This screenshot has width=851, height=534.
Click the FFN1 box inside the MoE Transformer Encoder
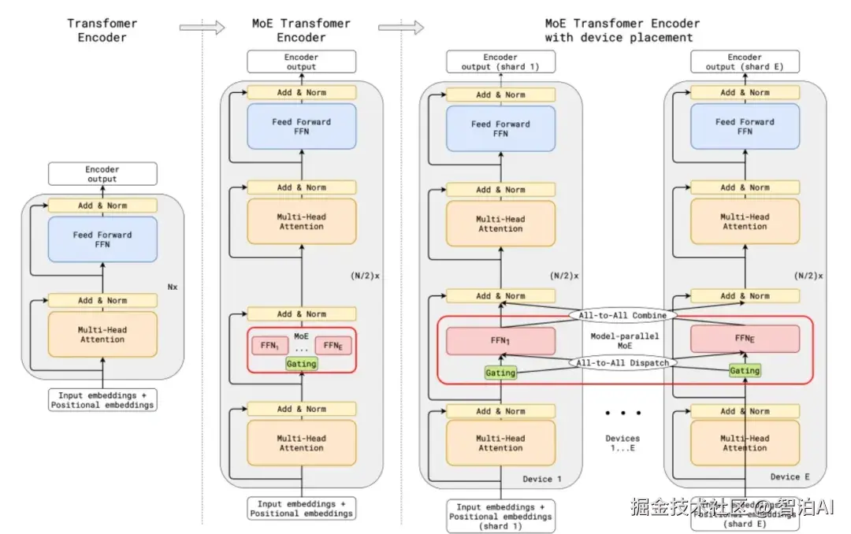click(x=269, y=345)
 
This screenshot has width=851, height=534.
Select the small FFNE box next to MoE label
click(x=333, y=345)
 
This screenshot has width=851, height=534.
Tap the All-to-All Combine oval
click(x=623, y=315)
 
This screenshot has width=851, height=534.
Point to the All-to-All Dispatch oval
click(x=623, y=363)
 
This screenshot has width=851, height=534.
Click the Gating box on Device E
click(x=745, y=370)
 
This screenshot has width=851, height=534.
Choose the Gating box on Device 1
click(x=500, y=373)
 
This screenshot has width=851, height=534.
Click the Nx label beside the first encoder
click(x=173, y=287)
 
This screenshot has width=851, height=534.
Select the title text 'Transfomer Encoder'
click(x=102, y=30)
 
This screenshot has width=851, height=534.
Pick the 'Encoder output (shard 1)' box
click(x=500, y=62)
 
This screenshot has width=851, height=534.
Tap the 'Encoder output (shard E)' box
click(x=745, y=62)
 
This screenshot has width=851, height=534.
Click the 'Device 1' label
click(x=542, y=479)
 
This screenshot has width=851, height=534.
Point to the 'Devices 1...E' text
click(x=622, y=443)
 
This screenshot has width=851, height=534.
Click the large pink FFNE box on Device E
click(x=745, y=339)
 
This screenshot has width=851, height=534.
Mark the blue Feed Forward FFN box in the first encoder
click(x=102, y=239)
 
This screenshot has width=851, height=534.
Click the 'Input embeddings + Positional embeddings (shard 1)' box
click(x=500, y=517)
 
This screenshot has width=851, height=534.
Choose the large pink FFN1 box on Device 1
click(x=500, y=340)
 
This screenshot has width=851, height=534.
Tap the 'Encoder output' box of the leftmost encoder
click(x=102, y=173)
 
